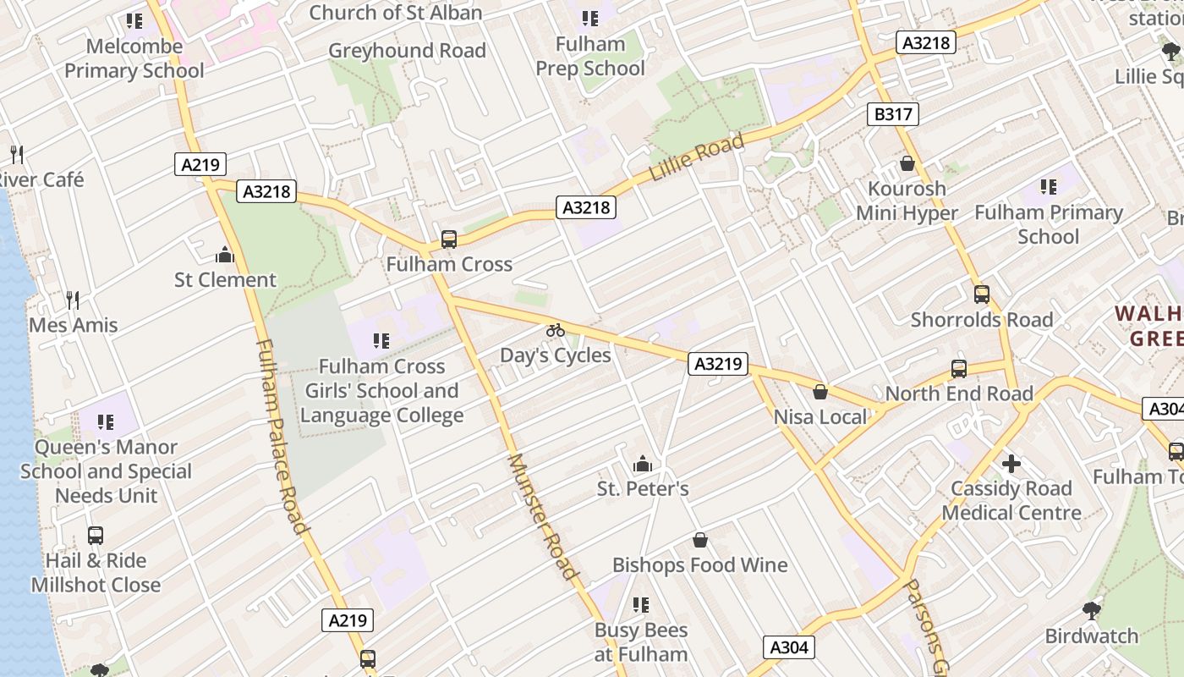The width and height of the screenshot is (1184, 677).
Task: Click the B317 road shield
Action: (892, 114)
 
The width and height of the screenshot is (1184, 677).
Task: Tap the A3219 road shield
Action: (718, 364)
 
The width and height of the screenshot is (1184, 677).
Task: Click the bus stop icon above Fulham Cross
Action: (449, 239)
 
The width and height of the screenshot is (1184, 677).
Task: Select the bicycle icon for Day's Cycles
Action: (555, 330)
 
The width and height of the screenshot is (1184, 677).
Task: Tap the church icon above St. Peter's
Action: (643, 464)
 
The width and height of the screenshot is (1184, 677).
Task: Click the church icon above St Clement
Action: (225, 255)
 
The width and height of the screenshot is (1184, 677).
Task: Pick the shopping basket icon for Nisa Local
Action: (819, 392)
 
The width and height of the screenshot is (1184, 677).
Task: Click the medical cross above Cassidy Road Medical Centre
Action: (1011, 464)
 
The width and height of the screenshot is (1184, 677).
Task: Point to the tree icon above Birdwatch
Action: (1092, 610)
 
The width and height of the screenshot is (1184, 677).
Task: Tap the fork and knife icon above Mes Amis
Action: (73, 300)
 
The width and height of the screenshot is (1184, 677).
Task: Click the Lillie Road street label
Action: (697, 157)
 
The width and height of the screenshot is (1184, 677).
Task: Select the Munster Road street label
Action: (542, 516)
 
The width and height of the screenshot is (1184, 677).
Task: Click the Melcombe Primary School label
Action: (134, 58)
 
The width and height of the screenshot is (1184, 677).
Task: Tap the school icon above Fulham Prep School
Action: (590, 19)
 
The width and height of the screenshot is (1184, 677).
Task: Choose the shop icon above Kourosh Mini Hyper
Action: (907, 163)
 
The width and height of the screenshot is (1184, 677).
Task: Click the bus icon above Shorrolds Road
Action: (981, 294)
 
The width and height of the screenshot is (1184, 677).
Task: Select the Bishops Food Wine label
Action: (699, 564)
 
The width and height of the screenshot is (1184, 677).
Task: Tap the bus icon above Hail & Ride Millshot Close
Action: (96, 536)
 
